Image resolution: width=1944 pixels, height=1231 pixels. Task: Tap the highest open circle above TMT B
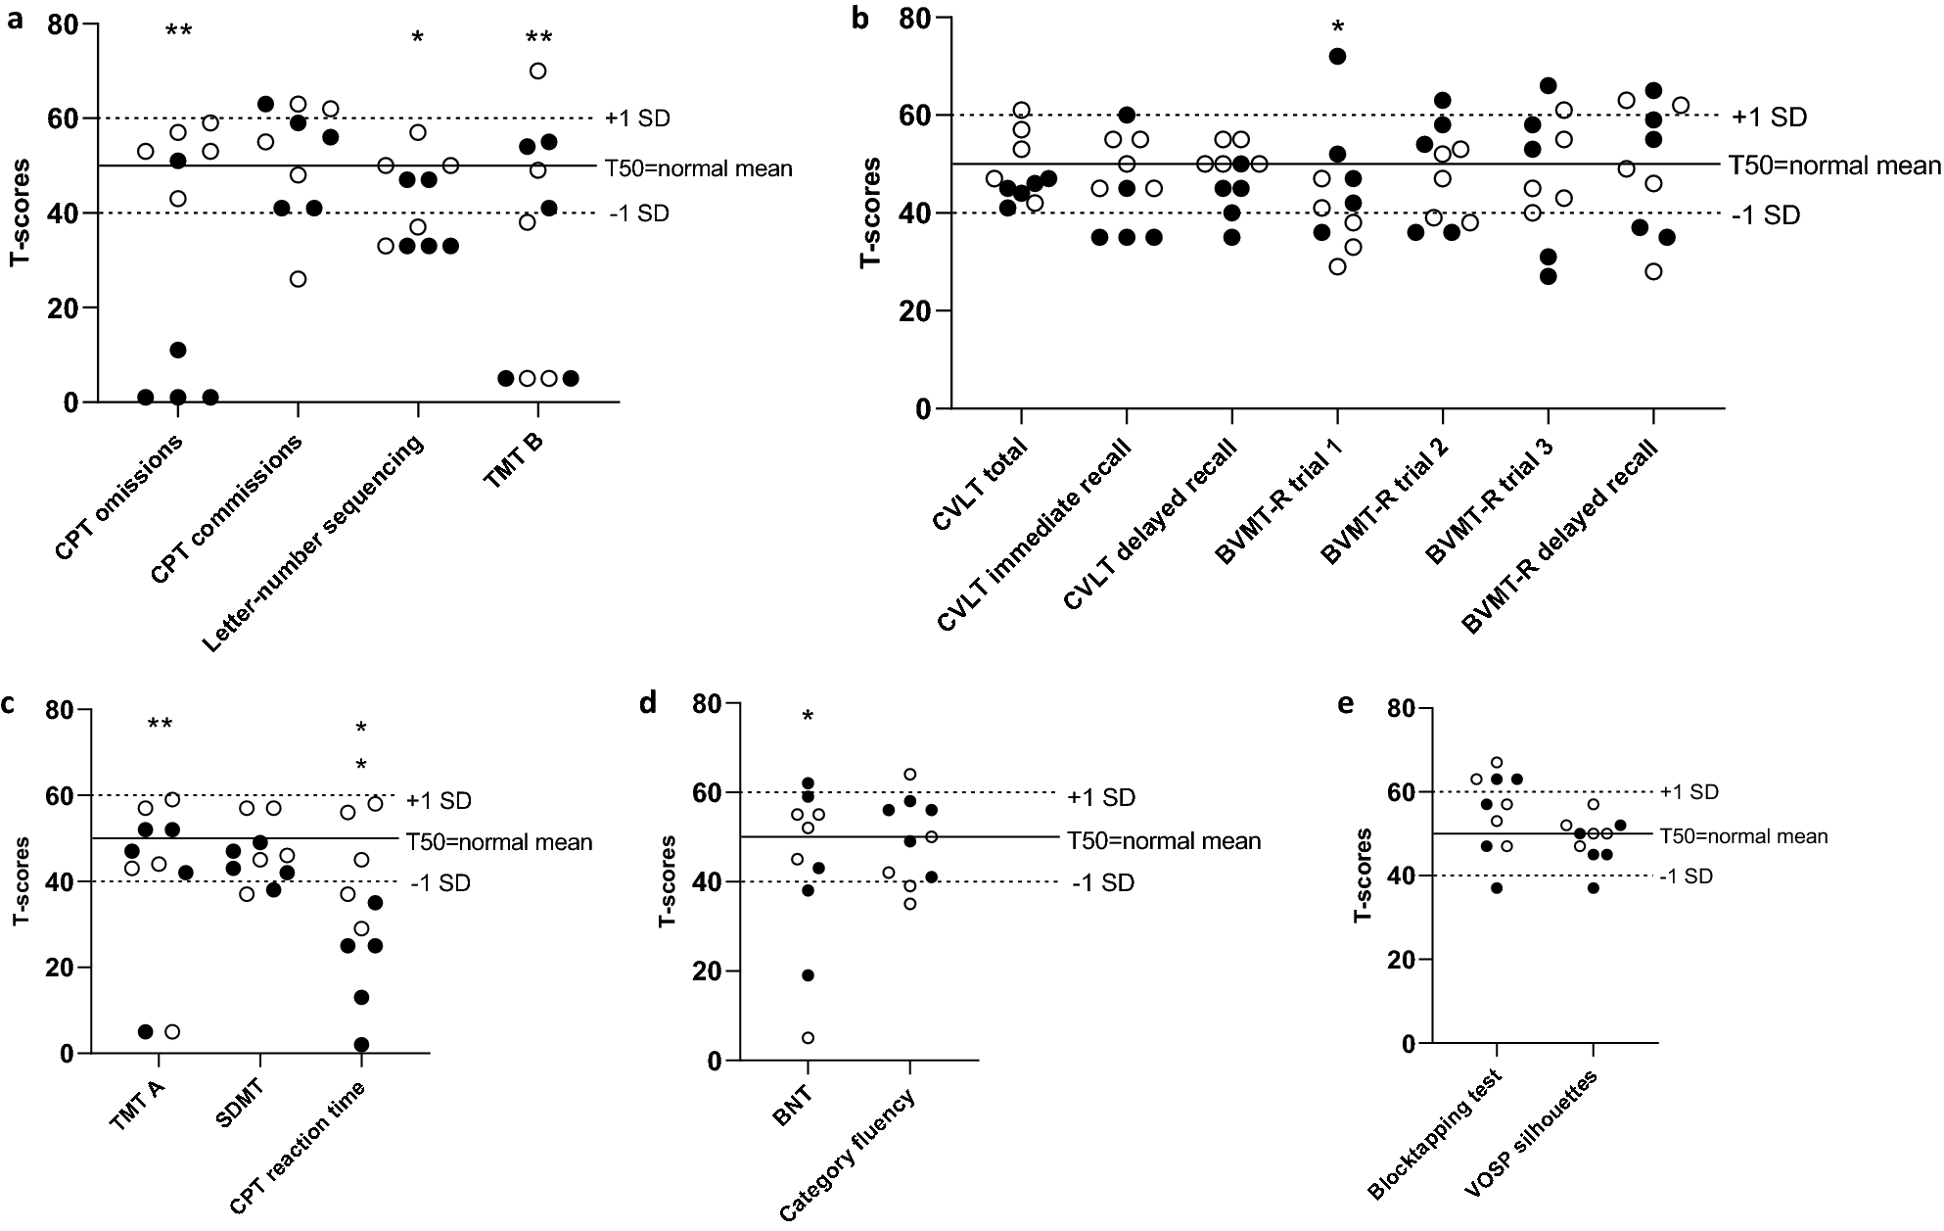coord(537,71)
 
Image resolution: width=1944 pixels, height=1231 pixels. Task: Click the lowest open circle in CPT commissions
coord(299,279)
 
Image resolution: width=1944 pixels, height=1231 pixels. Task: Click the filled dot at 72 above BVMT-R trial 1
coord(1337,57)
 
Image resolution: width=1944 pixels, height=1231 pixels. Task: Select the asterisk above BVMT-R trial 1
coord(1337,26)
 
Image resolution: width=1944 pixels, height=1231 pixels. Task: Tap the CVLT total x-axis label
coord(979,486)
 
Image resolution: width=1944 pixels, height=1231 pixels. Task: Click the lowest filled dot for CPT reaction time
coord(361,1044)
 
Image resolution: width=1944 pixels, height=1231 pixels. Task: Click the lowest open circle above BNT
coord(809,1038)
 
